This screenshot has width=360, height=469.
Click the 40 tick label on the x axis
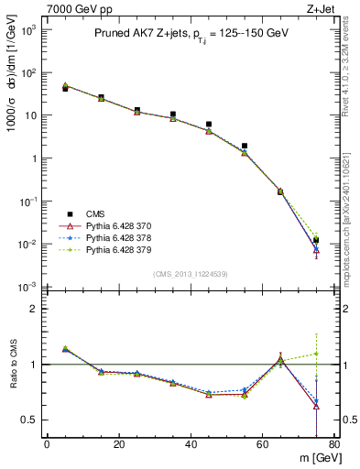pyautogui.click(x=191, y=445)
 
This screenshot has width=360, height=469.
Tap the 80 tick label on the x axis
pyautogui.click(x=334, y=445)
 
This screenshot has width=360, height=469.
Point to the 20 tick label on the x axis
pyautogui.click(x=119, y=445)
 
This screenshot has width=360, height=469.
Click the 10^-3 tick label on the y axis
pyautogui.click(x=28, y=287)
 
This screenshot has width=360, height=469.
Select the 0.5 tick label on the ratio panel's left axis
pyautogui.click(x=28, y=420)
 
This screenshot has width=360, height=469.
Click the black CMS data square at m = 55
pyautogui.click(x=245, y=146)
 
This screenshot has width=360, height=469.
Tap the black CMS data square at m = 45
pyautogui.click(x=209, y=124)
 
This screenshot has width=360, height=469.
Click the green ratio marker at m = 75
pyautogui.click(x=316, y=354)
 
